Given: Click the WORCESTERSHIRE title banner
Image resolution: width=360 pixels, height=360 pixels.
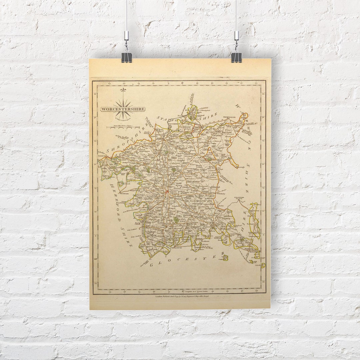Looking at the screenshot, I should click(123, 109).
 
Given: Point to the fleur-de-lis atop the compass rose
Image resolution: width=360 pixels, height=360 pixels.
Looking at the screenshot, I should click(124, 90).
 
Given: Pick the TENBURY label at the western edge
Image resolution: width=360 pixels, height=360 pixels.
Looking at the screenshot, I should click(102, 156).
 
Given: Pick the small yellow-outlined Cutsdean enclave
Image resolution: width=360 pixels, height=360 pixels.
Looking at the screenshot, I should click(226, 257).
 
